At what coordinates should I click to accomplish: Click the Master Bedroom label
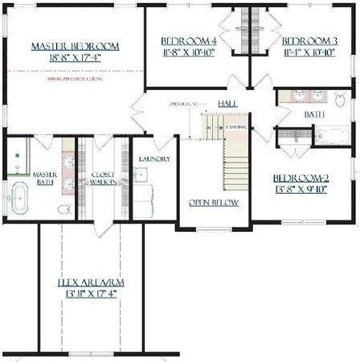76,47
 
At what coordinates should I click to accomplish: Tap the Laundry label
153,159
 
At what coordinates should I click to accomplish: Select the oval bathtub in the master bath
17,197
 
